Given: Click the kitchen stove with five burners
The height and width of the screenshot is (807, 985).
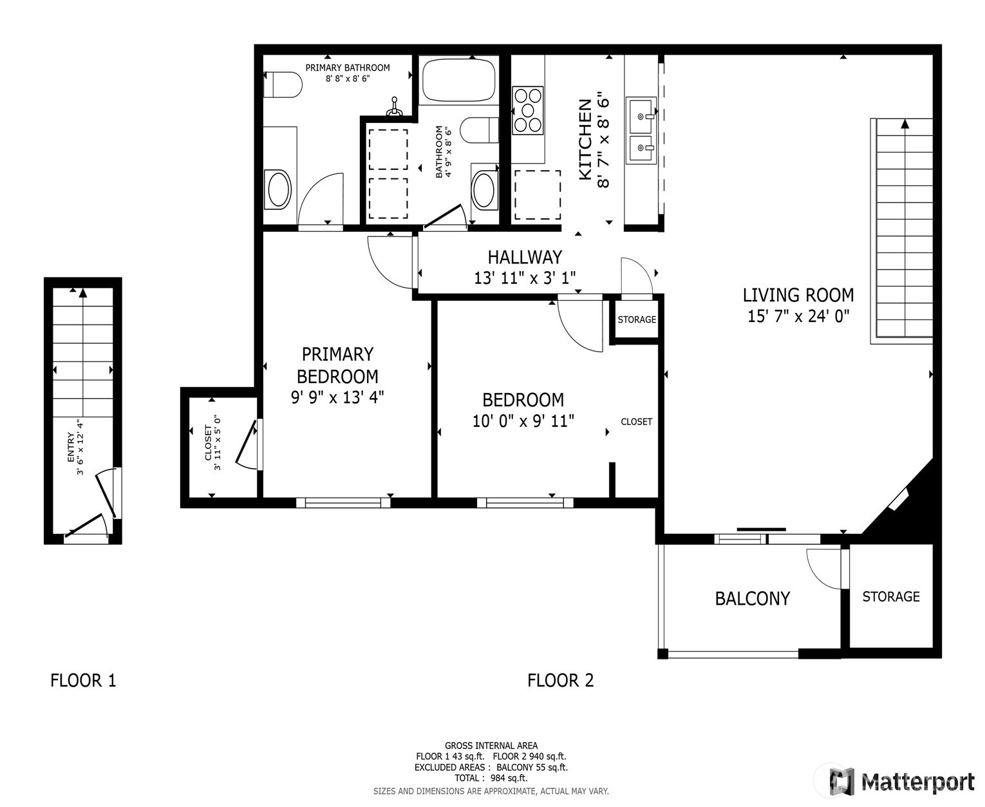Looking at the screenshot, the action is coord(528,110).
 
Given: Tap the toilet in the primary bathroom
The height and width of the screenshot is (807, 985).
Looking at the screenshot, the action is coord(283,84).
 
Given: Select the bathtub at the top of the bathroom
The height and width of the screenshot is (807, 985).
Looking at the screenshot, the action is coord(458,79).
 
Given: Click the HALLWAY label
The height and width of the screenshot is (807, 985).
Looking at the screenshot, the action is coord(525,257).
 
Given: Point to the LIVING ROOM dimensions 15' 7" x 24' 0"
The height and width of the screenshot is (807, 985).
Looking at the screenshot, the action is coord(798,316).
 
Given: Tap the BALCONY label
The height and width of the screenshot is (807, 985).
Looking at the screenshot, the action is coord(752,598).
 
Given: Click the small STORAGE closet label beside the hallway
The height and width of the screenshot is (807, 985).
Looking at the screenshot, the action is coord(637,319).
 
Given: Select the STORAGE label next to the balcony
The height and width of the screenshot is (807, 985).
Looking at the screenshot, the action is coord(890,597).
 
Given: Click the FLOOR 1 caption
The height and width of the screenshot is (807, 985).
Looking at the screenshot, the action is coord(83,680).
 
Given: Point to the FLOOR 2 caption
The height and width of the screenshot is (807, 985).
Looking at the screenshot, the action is coord(561,680).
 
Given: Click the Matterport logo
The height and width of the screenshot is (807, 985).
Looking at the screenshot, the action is coord(901,782).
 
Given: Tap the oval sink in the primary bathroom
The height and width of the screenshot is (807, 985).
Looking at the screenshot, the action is coord(278,189).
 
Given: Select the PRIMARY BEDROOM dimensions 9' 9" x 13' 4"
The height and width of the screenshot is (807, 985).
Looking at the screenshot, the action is coord(337,397).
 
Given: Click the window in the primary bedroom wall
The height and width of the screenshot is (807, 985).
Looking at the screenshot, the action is coord(342,503).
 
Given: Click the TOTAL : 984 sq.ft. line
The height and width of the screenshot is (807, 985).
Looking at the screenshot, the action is coord(491,778).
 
